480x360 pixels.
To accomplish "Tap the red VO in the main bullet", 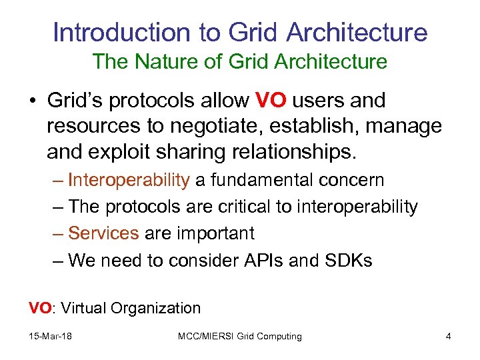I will coord(271,101).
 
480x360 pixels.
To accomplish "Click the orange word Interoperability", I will coord(129,181).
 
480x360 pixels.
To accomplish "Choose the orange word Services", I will coord(103,233).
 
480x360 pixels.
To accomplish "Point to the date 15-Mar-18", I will coord(50,337).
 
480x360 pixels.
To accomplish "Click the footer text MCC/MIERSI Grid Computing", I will coord(239,337).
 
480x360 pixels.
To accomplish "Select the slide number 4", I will coord(448,337).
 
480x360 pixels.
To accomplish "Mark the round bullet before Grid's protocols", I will coord(33,101).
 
